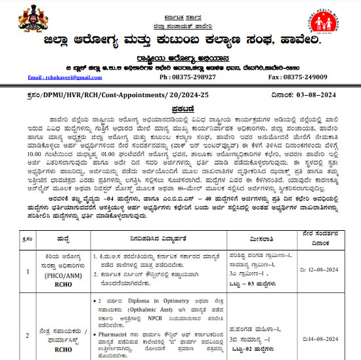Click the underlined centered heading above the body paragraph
pyautogui.click(x=180, y=109)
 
